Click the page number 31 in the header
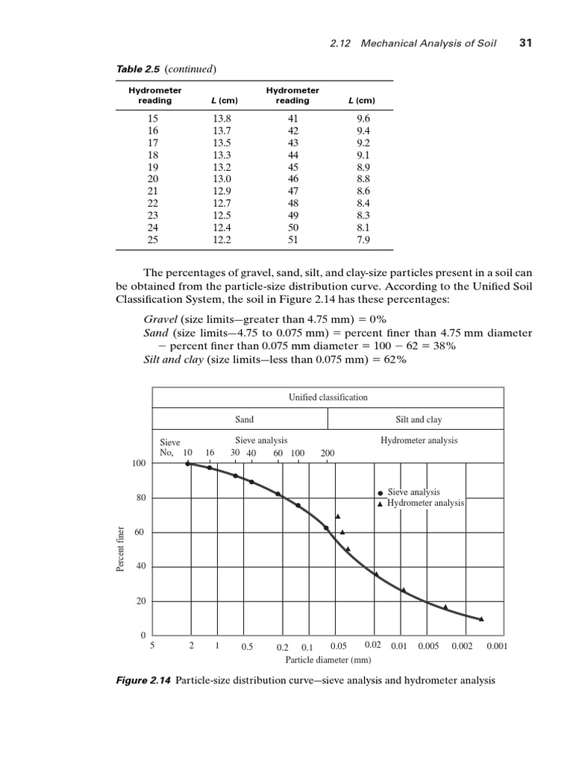click(x=524, y=44)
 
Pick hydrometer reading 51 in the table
click(x=292, y=240)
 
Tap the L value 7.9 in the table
click(x=363, y=240)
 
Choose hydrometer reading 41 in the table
click(x=292, y=118)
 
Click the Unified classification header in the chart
click(x=328, y=397)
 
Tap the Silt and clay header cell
click(x=418, y=419)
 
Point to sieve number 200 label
click(x=328, y=453)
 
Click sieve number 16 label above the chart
click(x=210, y=453)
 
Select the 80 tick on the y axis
click(x=139, y=498)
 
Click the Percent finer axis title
click(x=119, y=550)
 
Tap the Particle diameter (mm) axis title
click(x=328, y=660)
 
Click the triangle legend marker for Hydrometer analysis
click(x=380, y=504)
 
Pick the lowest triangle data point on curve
click(x=481, y=619)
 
